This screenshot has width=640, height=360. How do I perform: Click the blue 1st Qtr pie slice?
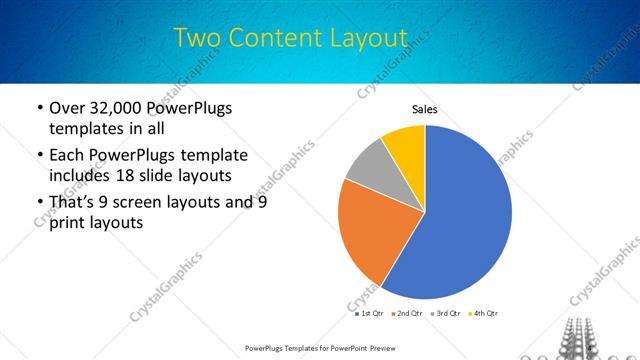coord(460,220)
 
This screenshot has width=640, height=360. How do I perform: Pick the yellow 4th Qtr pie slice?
coord(406,145)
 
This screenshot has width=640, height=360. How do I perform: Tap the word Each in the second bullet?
coord(68,155)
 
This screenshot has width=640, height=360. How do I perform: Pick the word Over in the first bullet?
coord(68,108)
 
